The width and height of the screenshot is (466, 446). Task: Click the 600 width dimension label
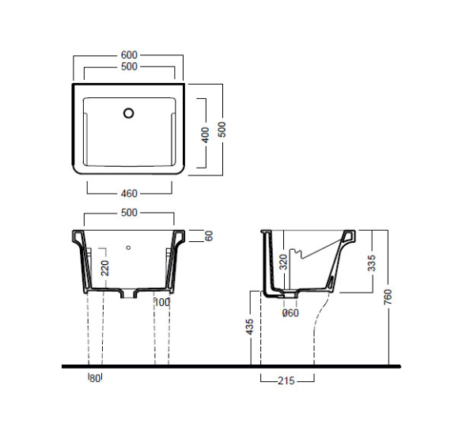click(x=129, y=55)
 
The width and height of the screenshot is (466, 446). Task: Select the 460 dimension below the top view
click(x=129, y=194)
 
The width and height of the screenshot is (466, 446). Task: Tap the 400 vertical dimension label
click(x=206, y=135)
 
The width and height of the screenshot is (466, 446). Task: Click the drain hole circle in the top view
click(x=128, y=113)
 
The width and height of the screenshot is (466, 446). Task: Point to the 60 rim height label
click(x=209, y=236)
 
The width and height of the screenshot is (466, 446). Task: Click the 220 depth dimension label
click(x=105, y=268)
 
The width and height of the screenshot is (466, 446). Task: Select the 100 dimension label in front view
click(x=162, y=303)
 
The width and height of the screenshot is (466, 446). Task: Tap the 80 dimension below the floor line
click(x=95, y=379)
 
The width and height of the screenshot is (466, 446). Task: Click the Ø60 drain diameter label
click(x=290, y=313)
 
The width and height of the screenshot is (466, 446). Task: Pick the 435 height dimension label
click(x=250, y=327)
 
